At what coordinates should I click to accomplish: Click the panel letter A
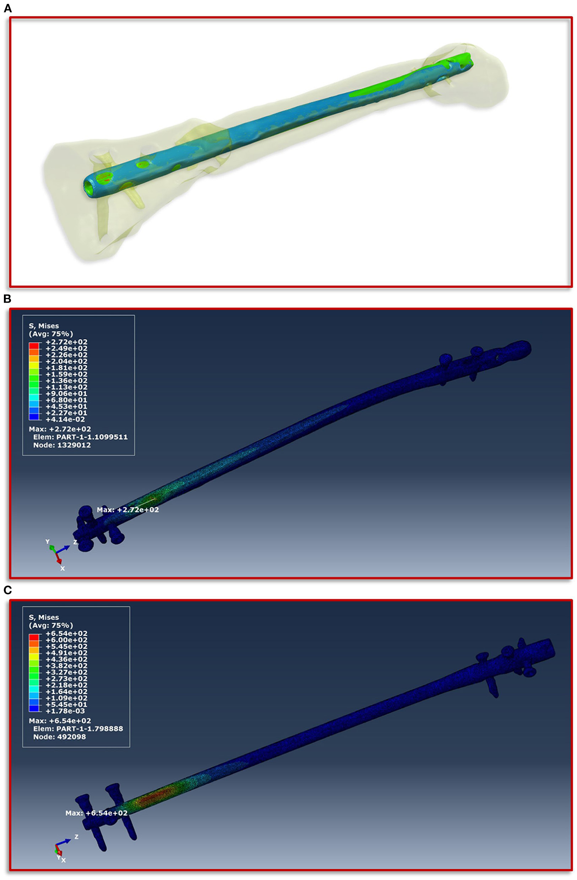coord(7,9)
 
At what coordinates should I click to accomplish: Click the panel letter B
coord(7,299)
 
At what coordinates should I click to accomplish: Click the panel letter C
coord(7,590)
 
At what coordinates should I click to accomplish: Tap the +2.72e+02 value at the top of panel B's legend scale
coord(66,342)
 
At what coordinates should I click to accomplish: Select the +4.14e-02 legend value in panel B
coord(65,419)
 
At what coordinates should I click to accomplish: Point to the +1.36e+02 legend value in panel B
coord(66,380)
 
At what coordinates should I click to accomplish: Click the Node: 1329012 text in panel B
coord(62,445)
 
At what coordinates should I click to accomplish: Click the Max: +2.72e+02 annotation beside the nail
coord(128,510)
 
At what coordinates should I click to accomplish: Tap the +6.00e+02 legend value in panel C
coord(66,640)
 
